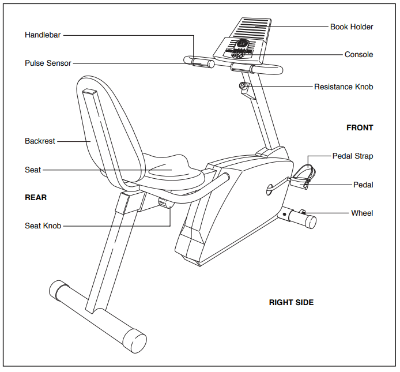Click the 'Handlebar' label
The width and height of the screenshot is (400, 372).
point(43,35)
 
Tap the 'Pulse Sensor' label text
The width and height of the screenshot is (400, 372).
point(48,63)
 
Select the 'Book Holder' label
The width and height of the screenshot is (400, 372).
point(352,27)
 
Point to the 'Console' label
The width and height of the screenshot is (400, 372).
point(359,55)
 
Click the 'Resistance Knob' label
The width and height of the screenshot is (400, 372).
point(344,87)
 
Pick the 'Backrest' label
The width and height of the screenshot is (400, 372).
point(40,141)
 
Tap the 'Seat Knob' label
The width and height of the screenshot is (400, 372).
point(43,226)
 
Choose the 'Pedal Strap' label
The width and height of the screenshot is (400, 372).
point(353,156)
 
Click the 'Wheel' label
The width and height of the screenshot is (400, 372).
point(362,213)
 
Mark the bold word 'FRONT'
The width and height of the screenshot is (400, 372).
point(360,128)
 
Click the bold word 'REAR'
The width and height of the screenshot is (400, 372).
point(36,197)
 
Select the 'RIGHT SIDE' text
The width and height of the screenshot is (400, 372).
point(291,302)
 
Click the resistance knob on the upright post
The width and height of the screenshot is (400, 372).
point(244,88)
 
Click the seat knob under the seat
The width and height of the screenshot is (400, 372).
point(165,203)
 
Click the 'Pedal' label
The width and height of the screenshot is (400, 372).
point(363,185)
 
